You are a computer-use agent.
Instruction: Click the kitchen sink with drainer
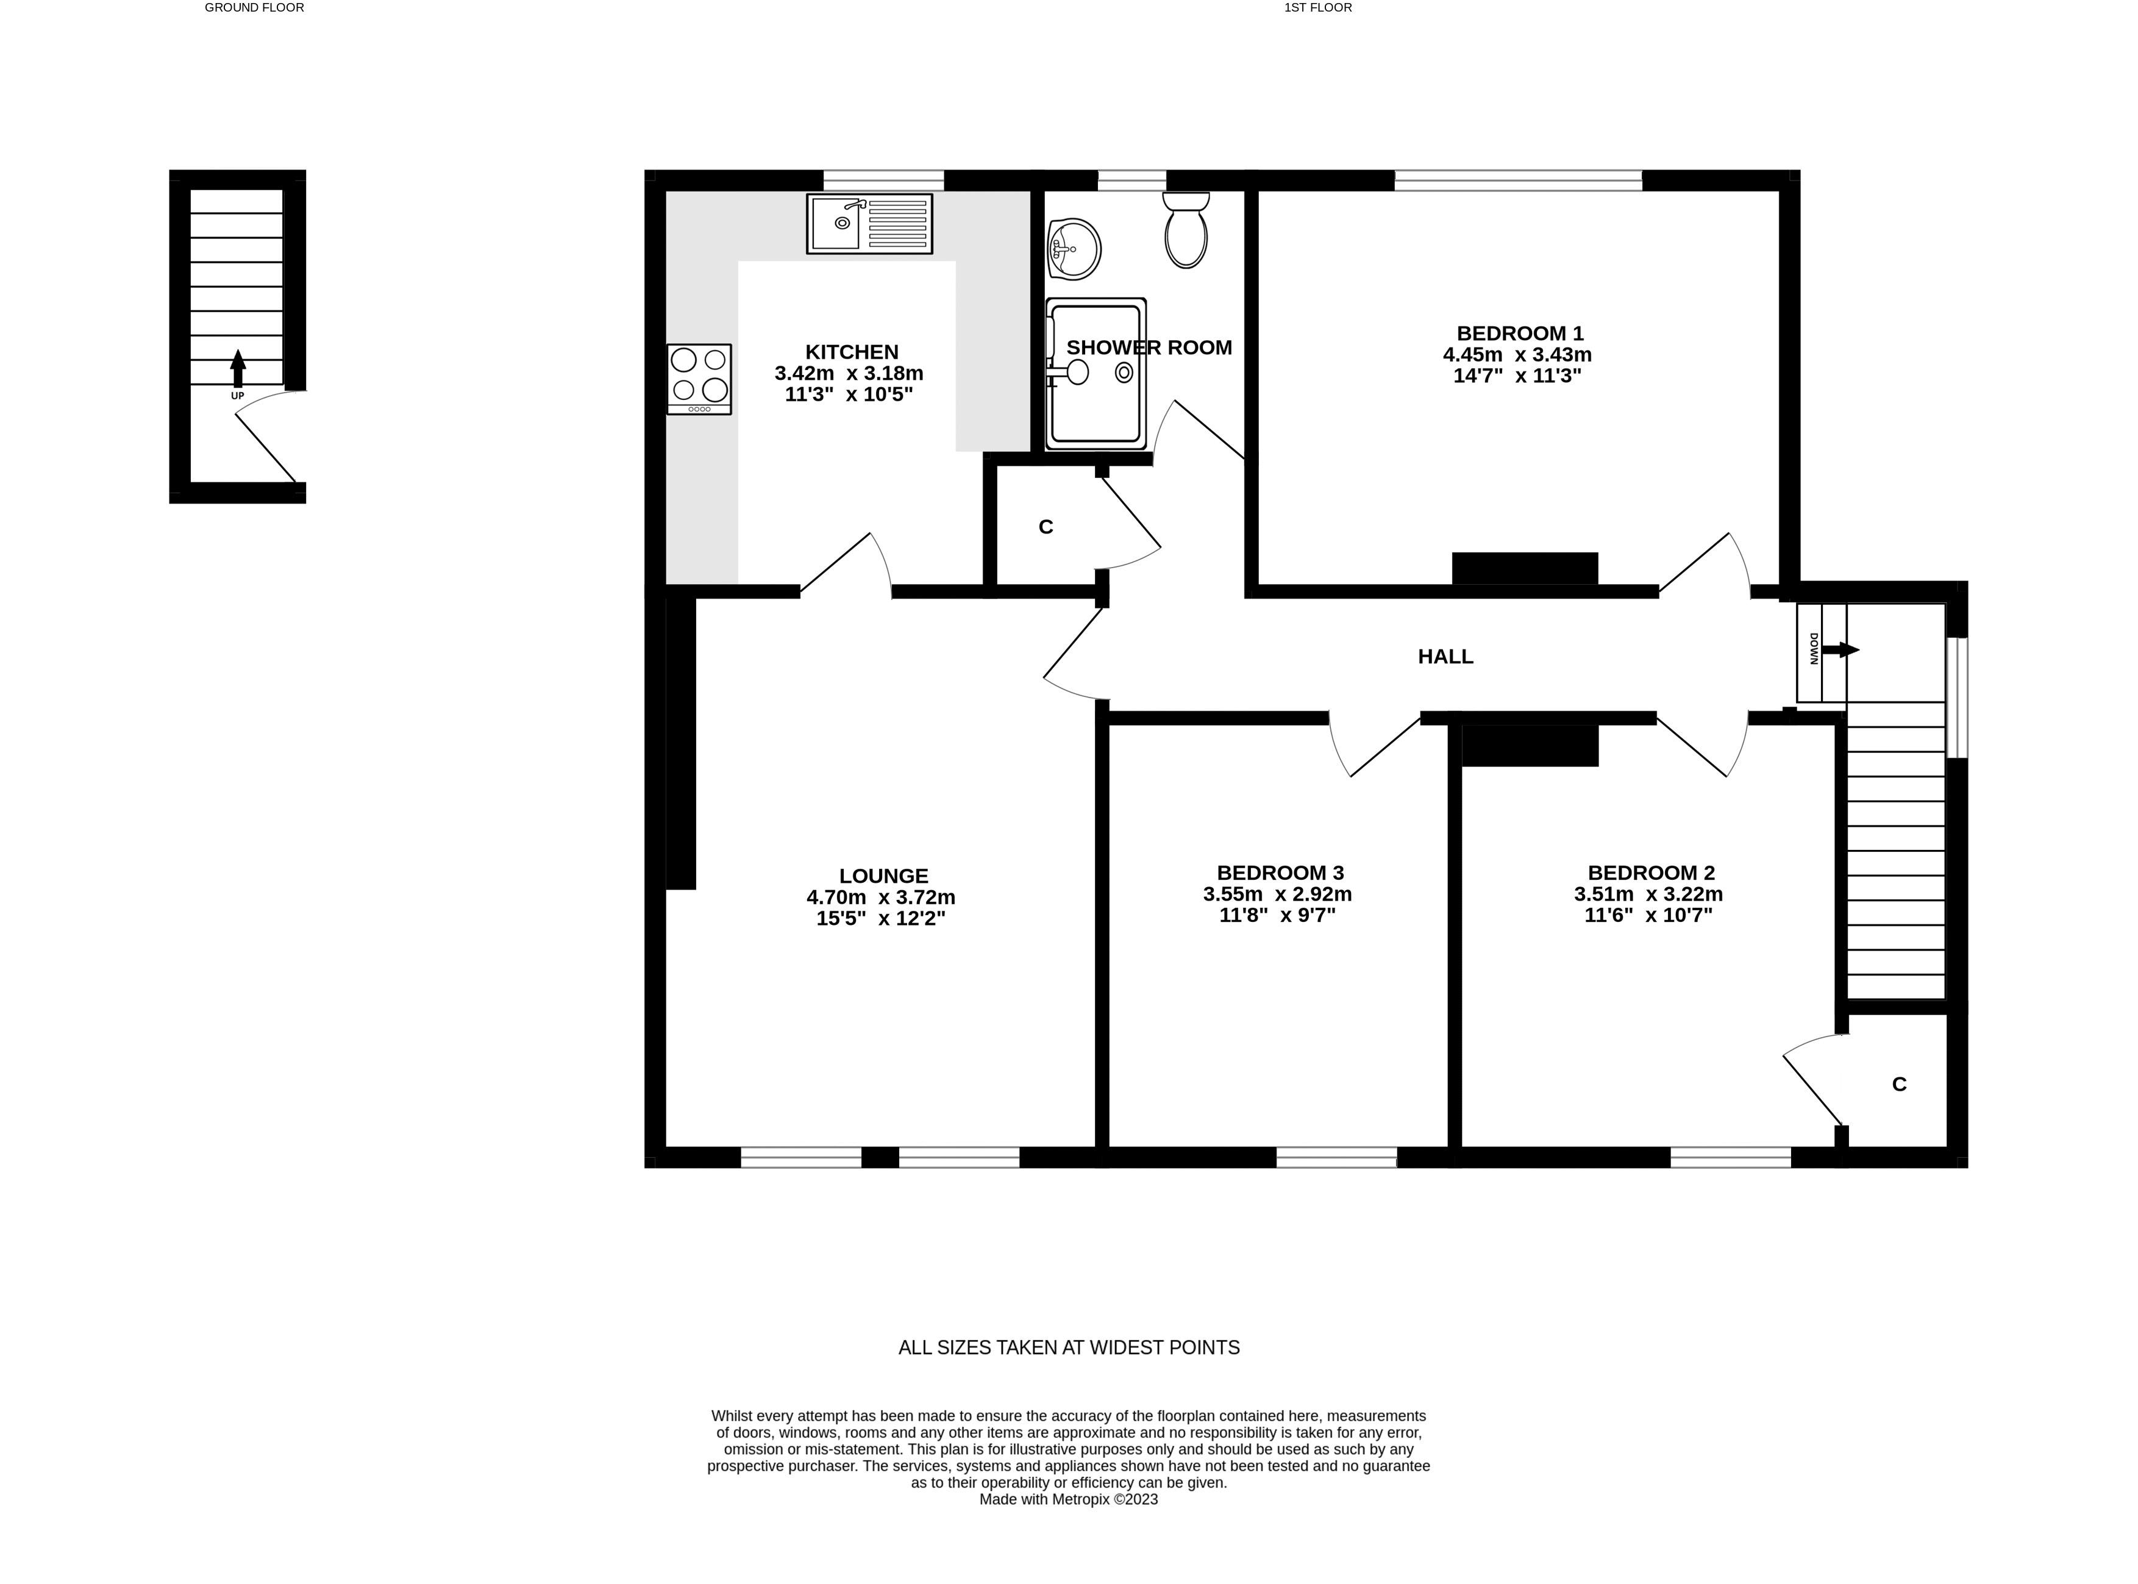869,223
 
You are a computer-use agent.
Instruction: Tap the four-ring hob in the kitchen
699,379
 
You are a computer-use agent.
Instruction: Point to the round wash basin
1074,249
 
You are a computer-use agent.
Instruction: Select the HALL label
1445,657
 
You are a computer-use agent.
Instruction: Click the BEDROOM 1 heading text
1520,334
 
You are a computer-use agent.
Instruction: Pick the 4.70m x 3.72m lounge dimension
880,897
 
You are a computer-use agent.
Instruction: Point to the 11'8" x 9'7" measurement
1277,915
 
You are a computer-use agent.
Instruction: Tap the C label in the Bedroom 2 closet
1898,1085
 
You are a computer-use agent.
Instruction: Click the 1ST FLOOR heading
1317,8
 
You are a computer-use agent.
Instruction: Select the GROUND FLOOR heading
254,8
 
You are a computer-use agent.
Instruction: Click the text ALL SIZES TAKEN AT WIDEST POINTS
1068,1347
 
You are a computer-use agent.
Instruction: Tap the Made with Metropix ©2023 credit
1068,1499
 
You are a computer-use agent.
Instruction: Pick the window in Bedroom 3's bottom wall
1336,1157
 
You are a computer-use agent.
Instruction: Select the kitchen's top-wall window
883,179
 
